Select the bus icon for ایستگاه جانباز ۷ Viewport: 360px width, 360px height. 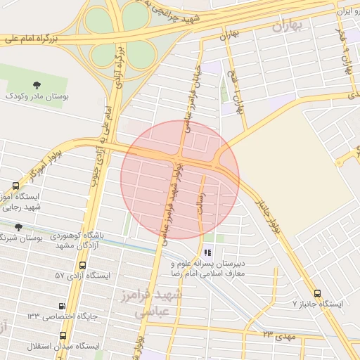click(x=317, y=293)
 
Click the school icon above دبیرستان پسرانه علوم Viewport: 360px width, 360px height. click(x=207, y=252)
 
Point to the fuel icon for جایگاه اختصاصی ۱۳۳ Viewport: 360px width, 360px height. click(x=63, y=307)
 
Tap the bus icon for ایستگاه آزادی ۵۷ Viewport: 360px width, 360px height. click(x=84, y=266)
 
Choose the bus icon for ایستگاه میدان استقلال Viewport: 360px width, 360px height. click(x=63, y=336)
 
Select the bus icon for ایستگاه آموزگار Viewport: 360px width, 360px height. click(x=15, y=186)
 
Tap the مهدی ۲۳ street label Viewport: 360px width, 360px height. click(x=276, y=335)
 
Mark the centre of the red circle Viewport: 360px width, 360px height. click(x=180, y=179)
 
